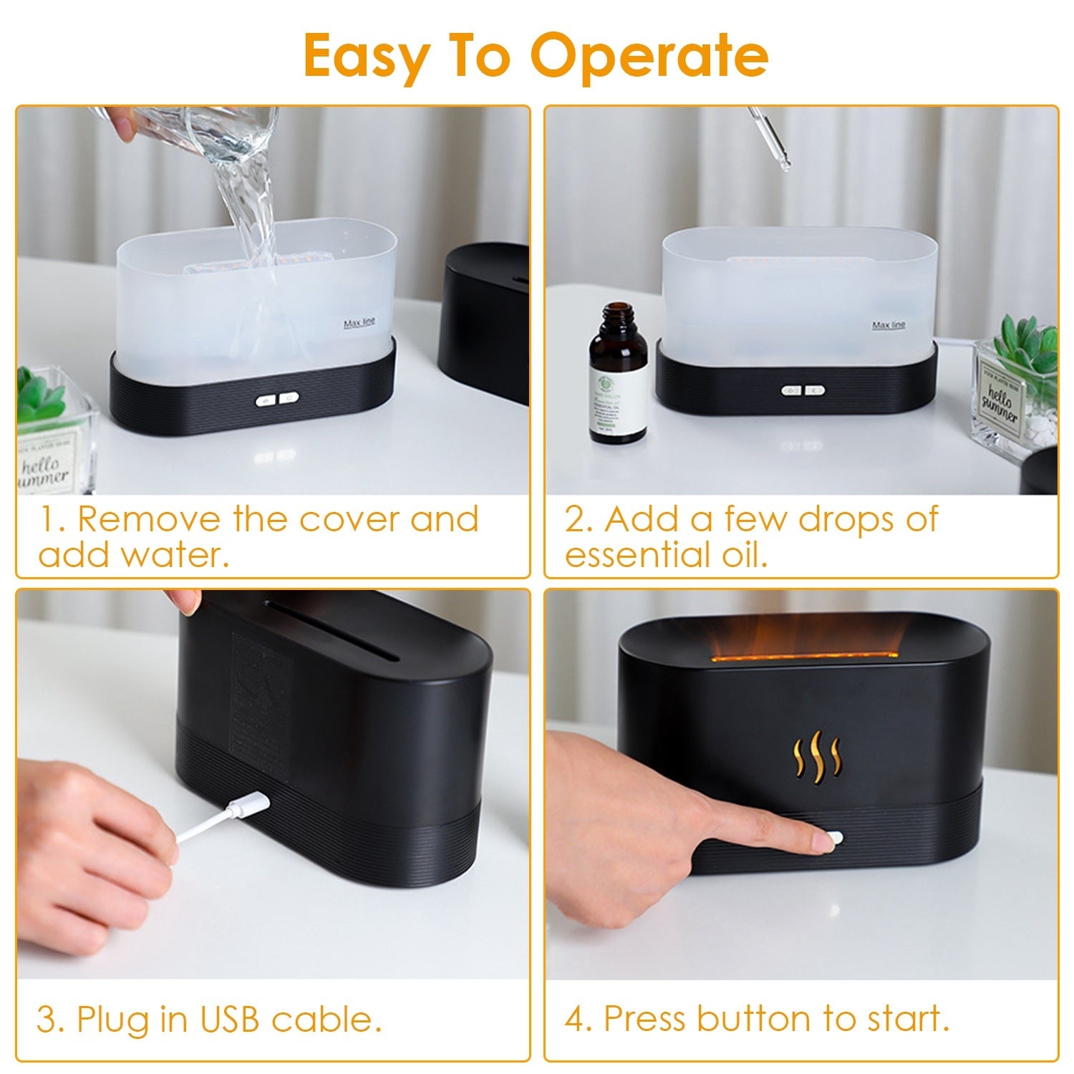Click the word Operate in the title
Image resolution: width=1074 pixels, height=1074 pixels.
click(x=649, y=57)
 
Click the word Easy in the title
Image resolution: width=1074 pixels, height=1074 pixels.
click(x=365, y=57)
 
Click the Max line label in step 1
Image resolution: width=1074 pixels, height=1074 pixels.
click(x=359, y=323)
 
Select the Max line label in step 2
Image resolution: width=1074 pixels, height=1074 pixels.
click(x=888, y=325)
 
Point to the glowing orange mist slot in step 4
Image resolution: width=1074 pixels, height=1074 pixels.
click(x=802, y=655)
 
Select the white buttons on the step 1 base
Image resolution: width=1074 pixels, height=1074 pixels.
click(x=278, y=400)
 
